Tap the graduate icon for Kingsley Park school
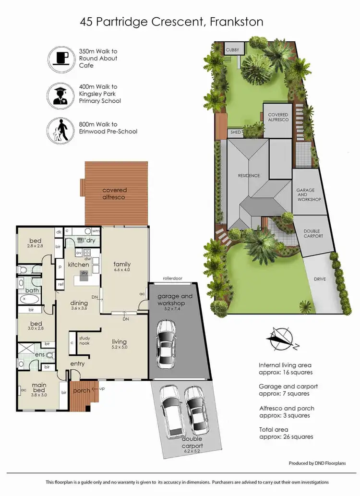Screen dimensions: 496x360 point(60,94)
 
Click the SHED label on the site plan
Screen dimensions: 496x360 point(235,133)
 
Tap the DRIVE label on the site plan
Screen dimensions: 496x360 point(320,278)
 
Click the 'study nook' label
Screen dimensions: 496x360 point(84,341)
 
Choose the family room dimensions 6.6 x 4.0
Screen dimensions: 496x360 point(122,271)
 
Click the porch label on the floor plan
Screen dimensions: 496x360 point(82,390)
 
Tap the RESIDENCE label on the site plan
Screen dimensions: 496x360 point(249,176)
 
